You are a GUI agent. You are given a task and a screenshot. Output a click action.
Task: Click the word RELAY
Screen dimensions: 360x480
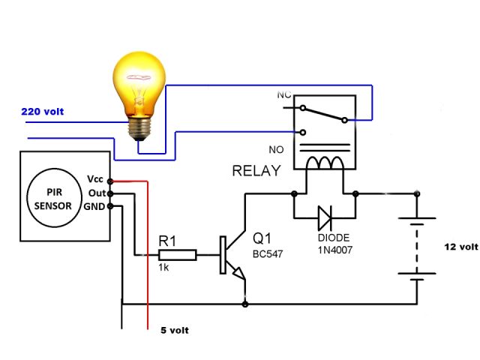[x=256, y=171]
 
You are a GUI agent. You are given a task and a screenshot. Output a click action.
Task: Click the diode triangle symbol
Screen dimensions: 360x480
[x=325, y=218]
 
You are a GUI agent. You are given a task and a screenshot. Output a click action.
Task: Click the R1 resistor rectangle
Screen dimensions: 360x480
[x=178, y=255]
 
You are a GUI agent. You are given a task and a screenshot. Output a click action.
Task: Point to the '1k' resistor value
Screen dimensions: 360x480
[x=163, y=268]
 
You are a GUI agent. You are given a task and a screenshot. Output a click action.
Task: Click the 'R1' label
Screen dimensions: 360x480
[x=167, y=241]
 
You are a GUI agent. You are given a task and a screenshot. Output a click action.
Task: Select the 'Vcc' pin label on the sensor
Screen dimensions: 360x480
[x=95, y=180]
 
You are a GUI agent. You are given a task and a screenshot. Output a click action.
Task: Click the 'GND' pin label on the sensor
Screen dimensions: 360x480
[x=94, y=205]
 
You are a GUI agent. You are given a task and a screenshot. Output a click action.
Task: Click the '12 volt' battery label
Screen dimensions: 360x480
[x=460, y=246]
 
